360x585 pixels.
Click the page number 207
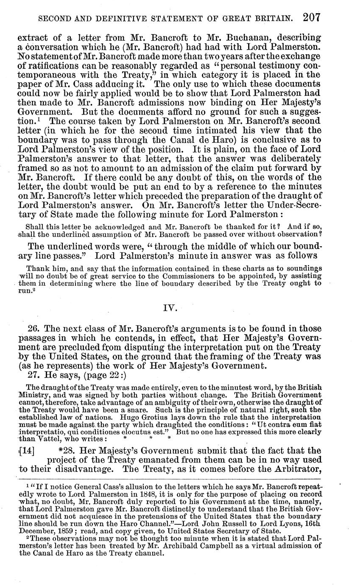[x=311, y=17]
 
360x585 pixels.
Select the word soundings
[x=304, y=269]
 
